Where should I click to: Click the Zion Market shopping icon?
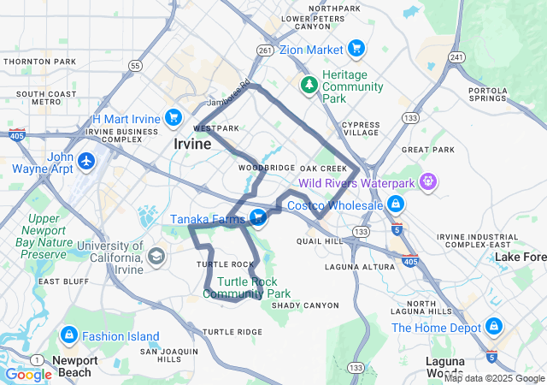[x=356, y=50]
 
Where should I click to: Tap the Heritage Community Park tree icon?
[x=309, y=86]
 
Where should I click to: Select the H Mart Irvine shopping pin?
[x=174, y=117]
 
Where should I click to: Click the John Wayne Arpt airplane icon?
[x=86, y=161]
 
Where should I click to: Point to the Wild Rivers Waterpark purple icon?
[x=428, y=182]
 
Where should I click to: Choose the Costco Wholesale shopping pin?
[x=396, y=205]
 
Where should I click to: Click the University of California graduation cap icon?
[x=156, y=256]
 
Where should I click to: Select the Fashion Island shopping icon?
[x=70, y=335]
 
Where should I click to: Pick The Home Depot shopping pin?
[x=494, y=327]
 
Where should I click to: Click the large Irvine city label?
[x=192, y=144]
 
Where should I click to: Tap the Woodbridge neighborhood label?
[x=267, y=168]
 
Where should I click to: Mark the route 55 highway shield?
[x=135, y=65]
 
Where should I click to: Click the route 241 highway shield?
[x=458, y=57]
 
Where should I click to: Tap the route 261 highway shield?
[x=265, y=50]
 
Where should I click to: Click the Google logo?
[x=27, y=375]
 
